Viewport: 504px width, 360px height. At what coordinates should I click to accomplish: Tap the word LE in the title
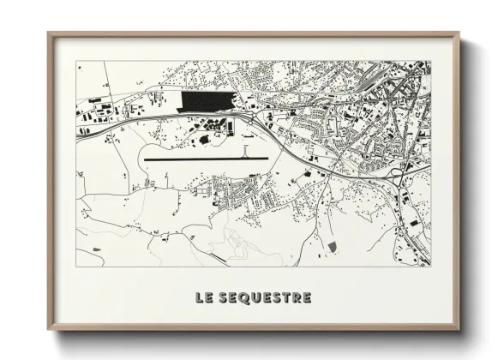pyautogui.click(x=202, y=298)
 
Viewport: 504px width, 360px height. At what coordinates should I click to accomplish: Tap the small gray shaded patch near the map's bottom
pyautogui.click(x=332, y=247)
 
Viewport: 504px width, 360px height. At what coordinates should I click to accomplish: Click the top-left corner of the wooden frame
pyautogui.click(x=48, y=33)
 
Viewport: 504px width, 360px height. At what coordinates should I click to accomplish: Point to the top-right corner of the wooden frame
pyautogui.click(x=459, y=33)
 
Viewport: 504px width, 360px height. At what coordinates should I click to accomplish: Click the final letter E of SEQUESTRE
pyautogui.click(x=307, y=298)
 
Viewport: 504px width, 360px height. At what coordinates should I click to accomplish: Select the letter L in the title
pyautogui.click(x=197, y=298)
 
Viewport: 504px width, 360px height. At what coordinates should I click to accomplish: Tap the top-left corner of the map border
pyautogui.click(x=76, y=61)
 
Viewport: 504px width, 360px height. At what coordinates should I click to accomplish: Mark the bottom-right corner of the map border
pyautogui.click(x=430, y=266)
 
